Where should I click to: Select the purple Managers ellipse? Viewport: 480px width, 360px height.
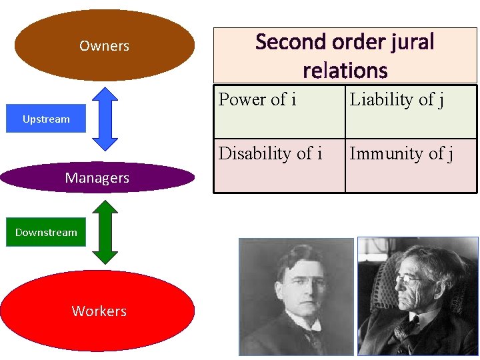coord(97,177)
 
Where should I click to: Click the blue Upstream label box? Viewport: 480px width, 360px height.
coord(46,119)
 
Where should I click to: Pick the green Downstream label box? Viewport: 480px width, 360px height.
coord(46,232)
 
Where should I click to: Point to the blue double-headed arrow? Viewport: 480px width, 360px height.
coord(105,119)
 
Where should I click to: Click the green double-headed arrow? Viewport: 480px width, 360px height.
coord(105,232)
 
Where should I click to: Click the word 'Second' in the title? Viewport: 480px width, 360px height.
coord(285,42)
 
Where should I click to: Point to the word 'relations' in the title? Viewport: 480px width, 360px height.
coord(345,70)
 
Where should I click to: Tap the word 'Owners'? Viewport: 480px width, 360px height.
coord(104,46)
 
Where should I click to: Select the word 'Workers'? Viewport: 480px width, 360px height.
coord(99,311)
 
